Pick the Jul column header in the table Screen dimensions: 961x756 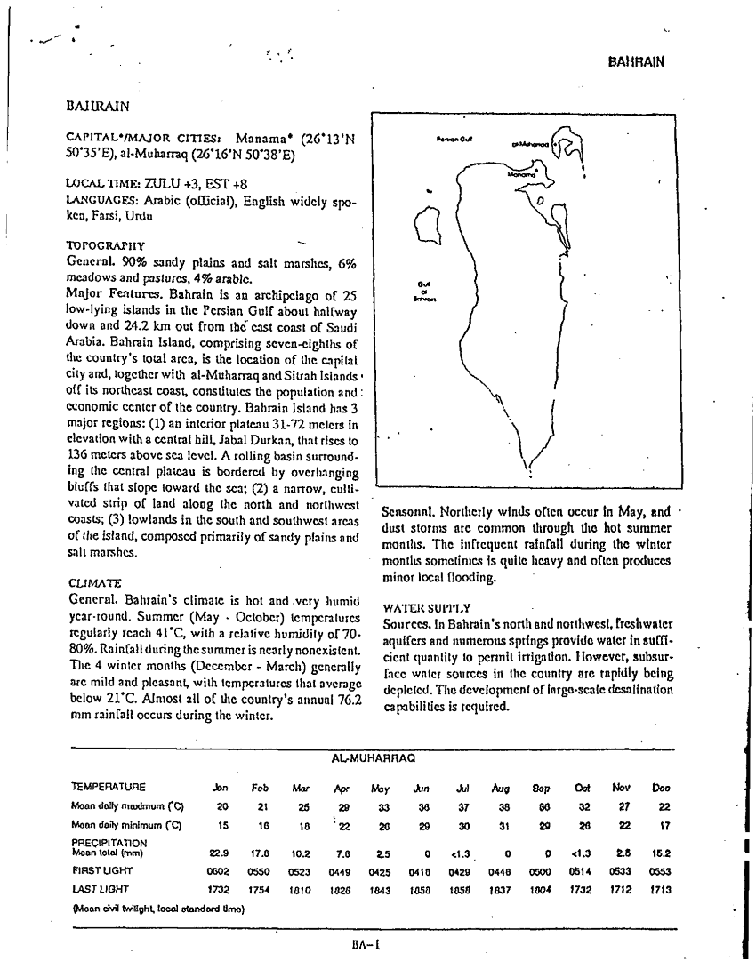tap(462, 788)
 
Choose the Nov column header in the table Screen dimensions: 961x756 tap(621, 788)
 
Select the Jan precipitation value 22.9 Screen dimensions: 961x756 tap(222, 853)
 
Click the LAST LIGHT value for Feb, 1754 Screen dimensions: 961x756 tap(260, 888)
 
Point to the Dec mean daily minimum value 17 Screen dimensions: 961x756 tap(661, 824)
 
